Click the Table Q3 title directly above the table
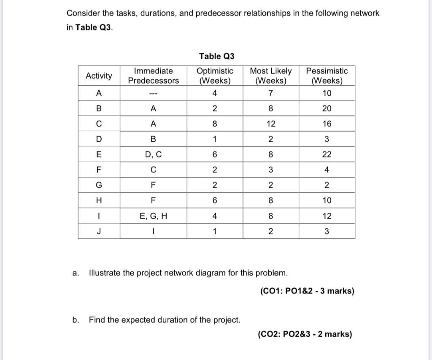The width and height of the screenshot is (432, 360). [216, 56]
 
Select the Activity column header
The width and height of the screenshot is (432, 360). [99, 76]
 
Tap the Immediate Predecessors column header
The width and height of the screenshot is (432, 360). [153, 76]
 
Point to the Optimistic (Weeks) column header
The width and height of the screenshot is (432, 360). [215, 76]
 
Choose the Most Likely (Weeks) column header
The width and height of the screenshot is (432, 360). [270, 76]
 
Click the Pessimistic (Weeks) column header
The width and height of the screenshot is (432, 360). [327, 76]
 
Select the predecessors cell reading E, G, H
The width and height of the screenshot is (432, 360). [153, 216]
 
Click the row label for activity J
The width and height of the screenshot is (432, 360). [99, 231]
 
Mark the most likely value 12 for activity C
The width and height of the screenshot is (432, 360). [270, 124]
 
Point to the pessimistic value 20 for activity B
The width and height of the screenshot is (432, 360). [327, 108]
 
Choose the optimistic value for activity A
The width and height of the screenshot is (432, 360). [215, 93]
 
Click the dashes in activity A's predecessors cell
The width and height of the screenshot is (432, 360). [153, 93]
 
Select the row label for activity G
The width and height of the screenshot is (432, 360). [99, 185]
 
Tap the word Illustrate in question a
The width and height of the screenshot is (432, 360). [105, 273]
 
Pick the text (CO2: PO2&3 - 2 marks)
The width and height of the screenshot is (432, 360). [305, 335]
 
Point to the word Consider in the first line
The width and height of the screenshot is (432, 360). [82, 13]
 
